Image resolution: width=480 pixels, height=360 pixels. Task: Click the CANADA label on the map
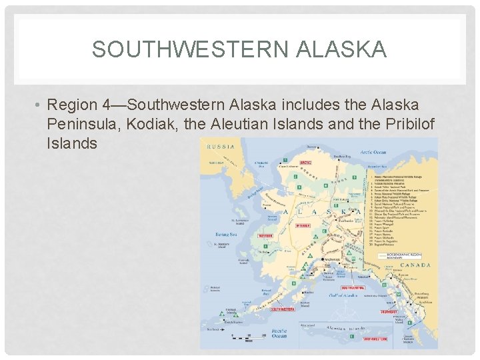pos(416,265)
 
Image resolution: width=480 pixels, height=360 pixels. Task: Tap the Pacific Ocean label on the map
pos(279,333)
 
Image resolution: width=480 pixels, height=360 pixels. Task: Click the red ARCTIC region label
pos(305,162)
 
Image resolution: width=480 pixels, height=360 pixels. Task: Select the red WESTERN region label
pos(265,235)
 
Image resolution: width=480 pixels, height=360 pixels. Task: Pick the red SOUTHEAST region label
pos(389,311)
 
